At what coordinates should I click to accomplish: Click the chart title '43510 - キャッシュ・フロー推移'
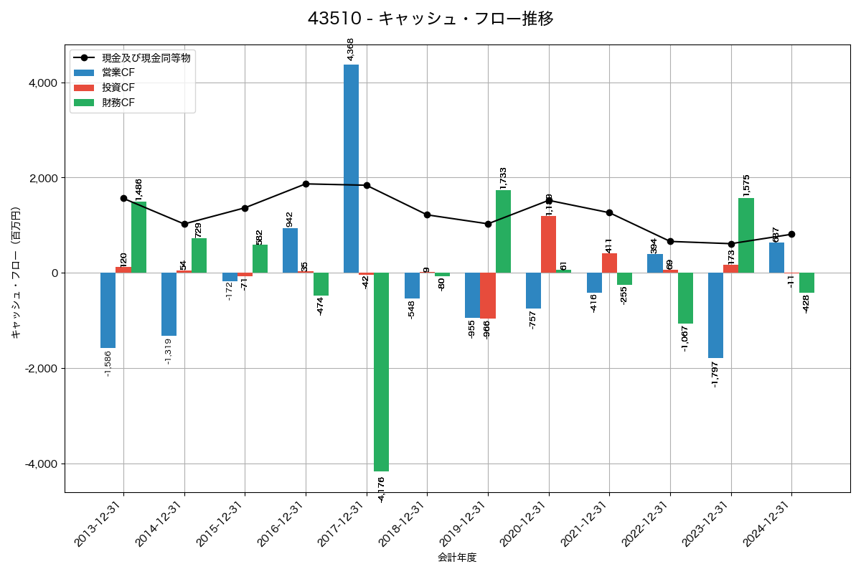coord(430,19)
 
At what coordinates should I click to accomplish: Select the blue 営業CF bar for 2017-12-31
coord(351,169)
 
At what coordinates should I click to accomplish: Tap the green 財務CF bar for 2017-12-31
coord(381,372)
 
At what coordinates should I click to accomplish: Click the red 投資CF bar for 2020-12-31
coord(548,244)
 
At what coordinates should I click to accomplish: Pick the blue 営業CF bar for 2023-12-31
coord(715,315)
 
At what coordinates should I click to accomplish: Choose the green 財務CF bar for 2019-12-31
coord(503,231)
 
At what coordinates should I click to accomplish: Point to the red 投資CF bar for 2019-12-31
coord(488,296)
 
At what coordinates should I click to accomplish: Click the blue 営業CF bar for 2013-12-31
coord(108,310)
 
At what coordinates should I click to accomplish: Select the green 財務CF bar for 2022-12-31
coord(685,298)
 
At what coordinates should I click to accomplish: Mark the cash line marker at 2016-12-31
coord(306,184)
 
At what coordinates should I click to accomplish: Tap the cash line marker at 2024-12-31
coord(791,234)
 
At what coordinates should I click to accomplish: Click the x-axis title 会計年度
coord(457,557)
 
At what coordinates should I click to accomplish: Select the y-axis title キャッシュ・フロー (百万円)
coord(16,273)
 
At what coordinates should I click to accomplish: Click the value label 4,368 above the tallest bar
coord(350,50)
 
